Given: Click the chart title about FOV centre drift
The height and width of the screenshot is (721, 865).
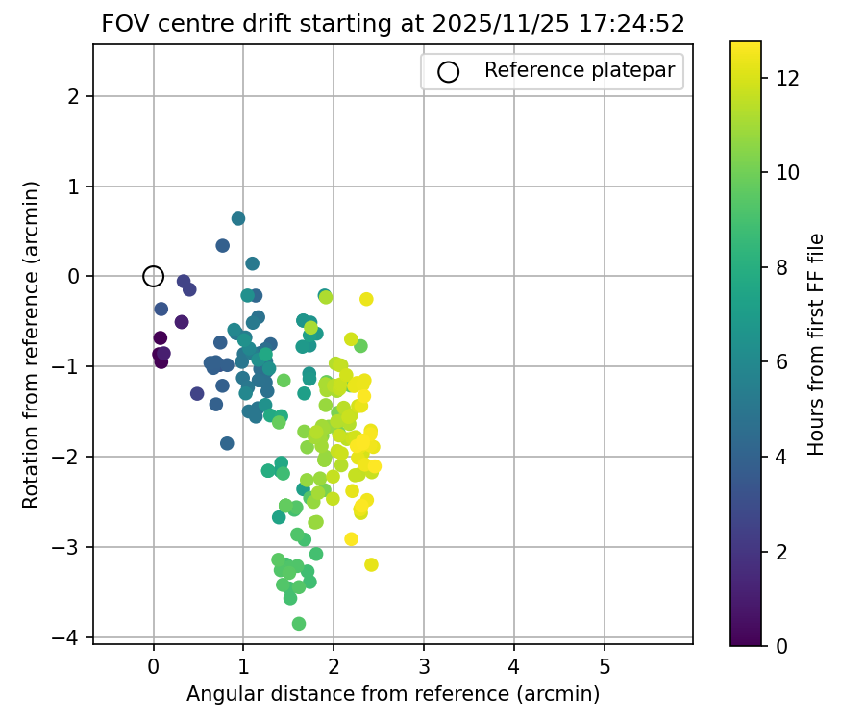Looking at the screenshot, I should tap(392, 24).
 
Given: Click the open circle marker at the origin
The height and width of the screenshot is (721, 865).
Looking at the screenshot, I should tap(153, 276).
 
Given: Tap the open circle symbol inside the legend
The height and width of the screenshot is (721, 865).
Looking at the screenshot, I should tap(448, 71).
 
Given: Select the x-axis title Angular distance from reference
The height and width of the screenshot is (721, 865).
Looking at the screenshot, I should tap(392, 694).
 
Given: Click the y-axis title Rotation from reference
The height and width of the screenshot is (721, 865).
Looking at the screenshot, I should tap(31, 343).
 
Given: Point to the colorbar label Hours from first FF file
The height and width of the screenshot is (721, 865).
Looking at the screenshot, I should tap(816, 343).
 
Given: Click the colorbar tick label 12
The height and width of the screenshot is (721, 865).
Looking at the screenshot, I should tap(787, 78).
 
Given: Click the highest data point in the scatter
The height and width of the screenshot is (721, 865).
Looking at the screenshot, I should tap(238, 218).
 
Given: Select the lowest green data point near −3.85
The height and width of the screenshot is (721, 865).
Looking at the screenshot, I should tap(299, 624).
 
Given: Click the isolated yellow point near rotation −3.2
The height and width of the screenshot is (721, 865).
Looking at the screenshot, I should tap(371, 564).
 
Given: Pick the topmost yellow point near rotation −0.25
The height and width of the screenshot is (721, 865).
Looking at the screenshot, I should tap(366, 299).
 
